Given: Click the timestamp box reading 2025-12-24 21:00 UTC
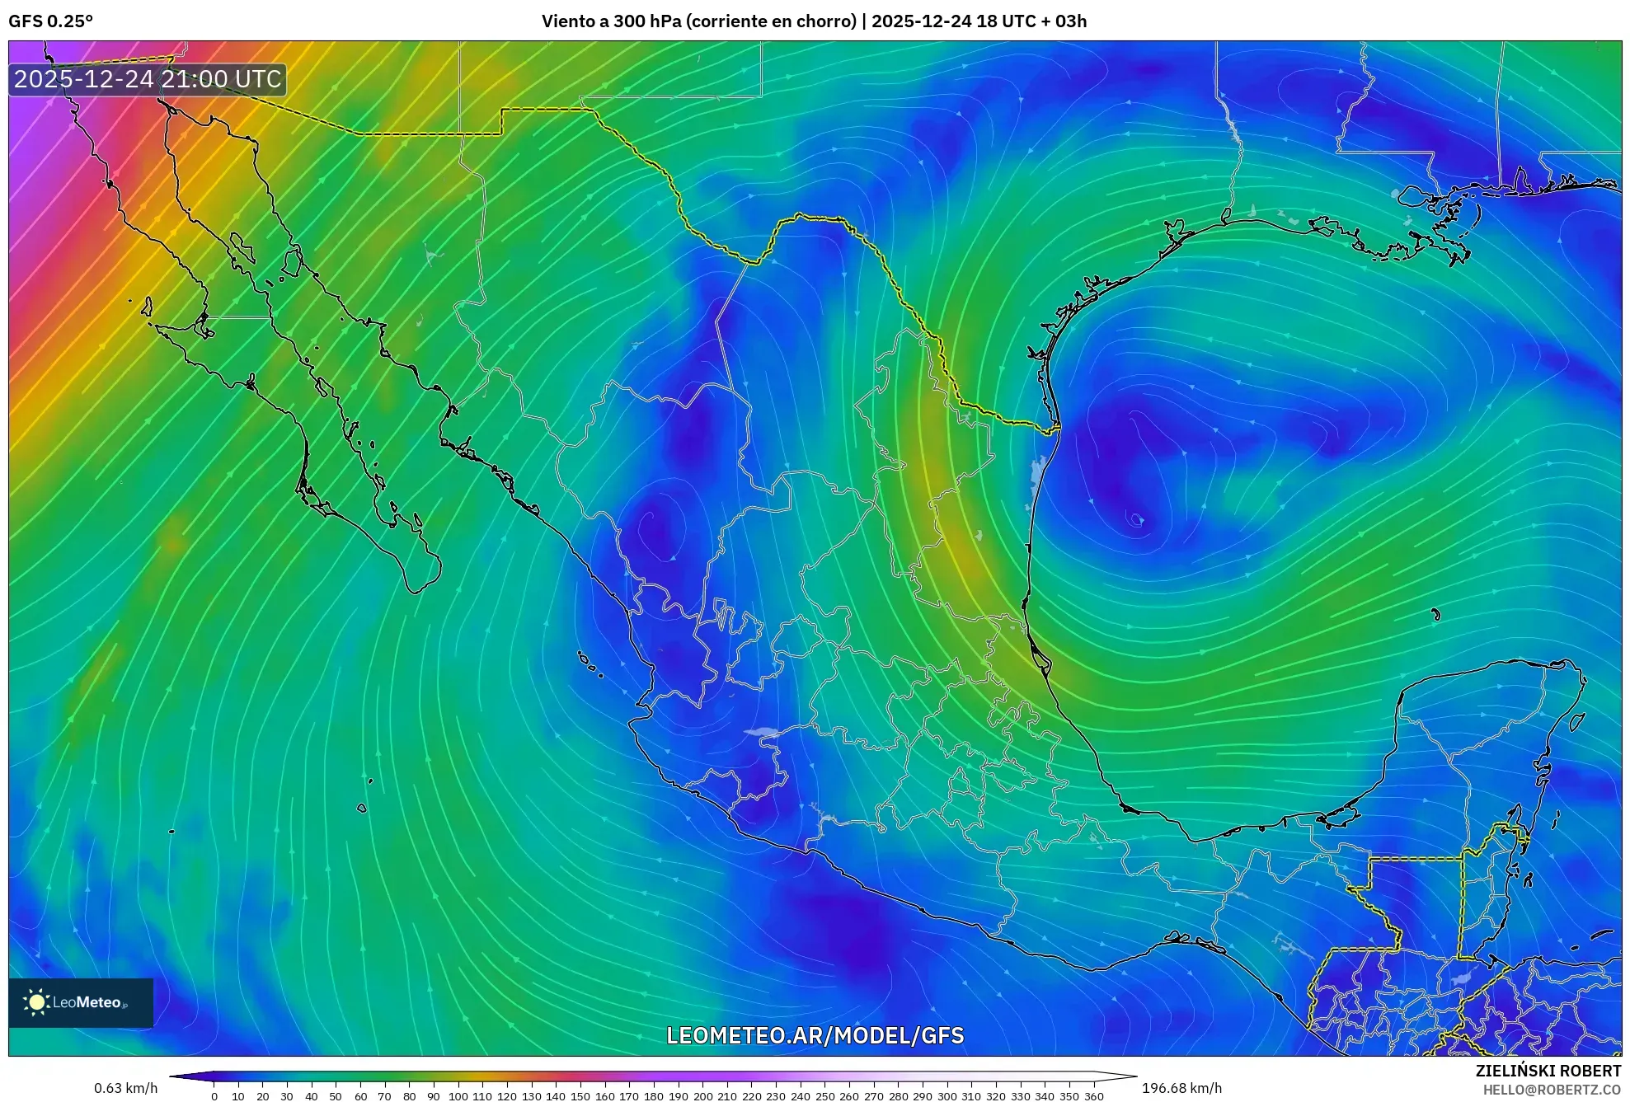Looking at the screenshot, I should tap(148, 79).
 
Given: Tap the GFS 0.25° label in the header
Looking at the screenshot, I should tap(50, 21).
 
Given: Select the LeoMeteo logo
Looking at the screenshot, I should tap(81, 1002).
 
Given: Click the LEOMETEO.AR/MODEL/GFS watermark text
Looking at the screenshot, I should tap(815, 1035).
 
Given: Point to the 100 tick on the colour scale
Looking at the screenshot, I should tap(458, 1096).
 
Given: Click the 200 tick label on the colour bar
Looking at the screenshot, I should tap(702, 1096).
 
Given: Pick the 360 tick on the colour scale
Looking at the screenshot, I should tap(1093, 1096).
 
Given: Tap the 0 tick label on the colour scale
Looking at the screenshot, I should tap(214, 1096).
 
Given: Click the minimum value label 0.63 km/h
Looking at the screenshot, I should tap(125, 1088).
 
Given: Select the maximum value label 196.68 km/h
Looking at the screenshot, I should tap(1181, 1088).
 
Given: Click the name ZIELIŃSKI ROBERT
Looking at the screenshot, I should tap(1548, 1071).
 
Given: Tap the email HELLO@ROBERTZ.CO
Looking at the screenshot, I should tap(1552, 1090).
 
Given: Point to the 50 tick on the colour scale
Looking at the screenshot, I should tap(336, 1096).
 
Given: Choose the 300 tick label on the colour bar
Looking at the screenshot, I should tap(947, 1096).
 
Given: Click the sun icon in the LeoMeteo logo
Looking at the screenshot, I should tap(36, 1002).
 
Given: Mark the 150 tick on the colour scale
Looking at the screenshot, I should tap(580, 1096).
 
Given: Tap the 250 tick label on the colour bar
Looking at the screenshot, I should tap(824, 1096).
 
